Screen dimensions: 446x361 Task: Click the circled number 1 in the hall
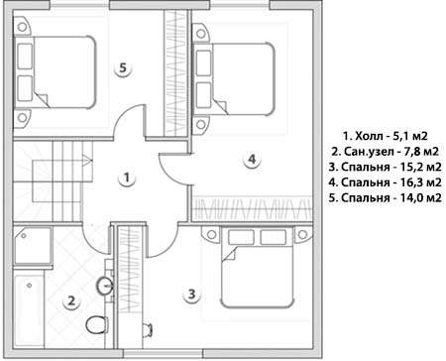point(127,178)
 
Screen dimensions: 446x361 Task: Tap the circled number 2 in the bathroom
point(71,301)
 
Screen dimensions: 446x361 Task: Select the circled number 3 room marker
point(192,294)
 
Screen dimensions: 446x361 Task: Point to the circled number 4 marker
point(252,160)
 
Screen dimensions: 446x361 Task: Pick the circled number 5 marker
point(123,68)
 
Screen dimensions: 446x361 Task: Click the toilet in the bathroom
point(97,324)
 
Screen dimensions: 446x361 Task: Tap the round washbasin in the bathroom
point(105,286)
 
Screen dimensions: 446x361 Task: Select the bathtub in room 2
point(29,310)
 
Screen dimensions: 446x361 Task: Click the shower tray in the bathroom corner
point(33,246)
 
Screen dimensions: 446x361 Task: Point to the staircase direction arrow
point(86,160)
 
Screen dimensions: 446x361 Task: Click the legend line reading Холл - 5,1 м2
point(386,136)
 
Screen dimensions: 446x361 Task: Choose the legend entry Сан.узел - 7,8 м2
point(386,152)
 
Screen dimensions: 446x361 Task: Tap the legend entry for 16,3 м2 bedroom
point(386,182)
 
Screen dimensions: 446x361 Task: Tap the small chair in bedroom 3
point(148,329)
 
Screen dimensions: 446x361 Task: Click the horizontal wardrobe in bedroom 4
point(252,209)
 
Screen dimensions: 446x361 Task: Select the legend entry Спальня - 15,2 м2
point(386,167)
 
